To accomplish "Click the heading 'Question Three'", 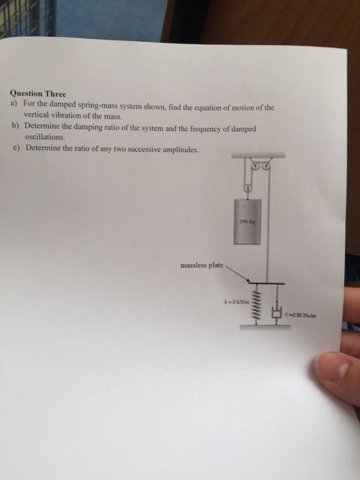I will point(38,94).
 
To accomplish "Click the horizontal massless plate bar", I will point(267,282).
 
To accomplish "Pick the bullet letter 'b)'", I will point(14,128).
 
